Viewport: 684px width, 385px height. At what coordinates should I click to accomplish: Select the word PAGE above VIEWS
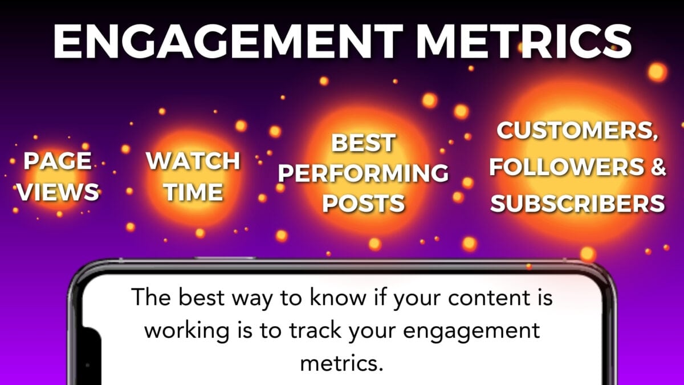[x=57, y=161]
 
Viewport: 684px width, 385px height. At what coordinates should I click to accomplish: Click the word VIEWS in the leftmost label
[x=58, y=192]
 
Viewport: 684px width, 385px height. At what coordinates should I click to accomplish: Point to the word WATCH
[x=193, y=161]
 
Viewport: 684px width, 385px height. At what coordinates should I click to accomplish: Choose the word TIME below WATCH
[x=193, y=192]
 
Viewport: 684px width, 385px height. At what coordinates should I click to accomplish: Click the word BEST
[x=363, y=143]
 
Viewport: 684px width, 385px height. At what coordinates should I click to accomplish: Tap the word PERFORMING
[x=363, y=173]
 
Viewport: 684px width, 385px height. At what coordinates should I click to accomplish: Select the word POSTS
[x=363, y=203]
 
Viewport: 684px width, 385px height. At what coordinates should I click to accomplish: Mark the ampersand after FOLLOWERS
[x=657, y=168]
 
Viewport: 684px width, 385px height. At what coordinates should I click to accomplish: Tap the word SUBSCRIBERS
[x=577, y=203]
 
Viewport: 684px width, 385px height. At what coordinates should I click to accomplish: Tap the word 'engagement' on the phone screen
[x=473, y=332]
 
